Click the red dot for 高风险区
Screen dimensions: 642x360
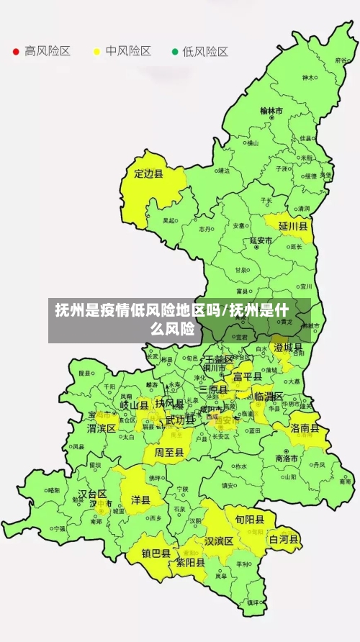[16, 51]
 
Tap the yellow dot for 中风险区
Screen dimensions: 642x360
[96, 51]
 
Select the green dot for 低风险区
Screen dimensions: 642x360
[174, 51]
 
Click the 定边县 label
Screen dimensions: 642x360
[149, 173]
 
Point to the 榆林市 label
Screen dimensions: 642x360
[271, 112]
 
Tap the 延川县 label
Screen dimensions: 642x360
[293, 226]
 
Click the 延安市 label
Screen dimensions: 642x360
[261, 240]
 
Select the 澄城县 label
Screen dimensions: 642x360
[288, 348]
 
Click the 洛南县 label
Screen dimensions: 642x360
[310, 428]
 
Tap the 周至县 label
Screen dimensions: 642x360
[169, 453]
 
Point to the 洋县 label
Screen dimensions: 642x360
[140, 499]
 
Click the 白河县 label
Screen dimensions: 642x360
[284, 539]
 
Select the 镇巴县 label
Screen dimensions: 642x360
[156, 554]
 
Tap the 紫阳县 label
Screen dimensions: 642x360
[192, 564]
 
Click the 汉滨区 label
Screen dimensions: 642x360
[219, 541]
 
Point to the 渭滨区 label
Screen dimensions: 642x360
[102, 428]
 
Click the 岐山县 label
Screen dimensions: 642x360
[134, 405]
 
